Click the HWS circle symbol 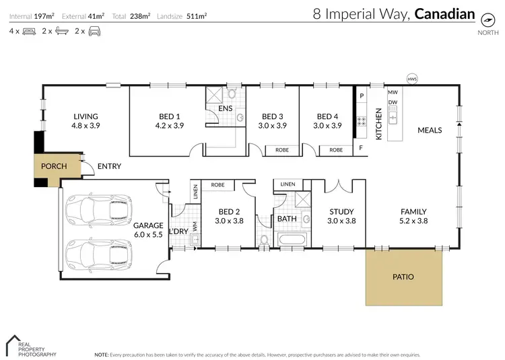click(x=411, y=79)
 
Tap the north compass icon click(x=483, y=19)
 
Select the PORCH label click(x=53, y=166)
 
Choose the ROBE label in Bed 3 click(x=282, y=150)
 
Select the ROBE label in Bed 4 click(x=336, y=150)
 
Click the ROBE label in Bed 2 click(x=217, y=184)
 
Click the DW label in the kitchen click(x=393, y=102)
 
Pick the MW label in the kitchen click(x=393, y=92)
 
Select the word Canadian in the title click(x=445, y=14)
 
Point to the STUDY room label click(x=341, y=211)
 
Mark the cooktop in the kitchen click(x=361, y=122)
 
